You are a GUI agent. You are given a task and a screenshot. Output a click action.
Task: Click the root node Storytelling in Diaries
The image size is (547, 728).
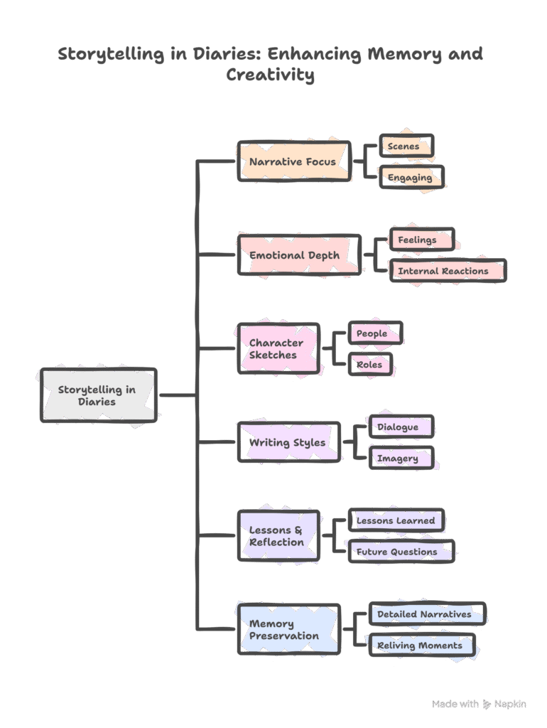[98, 395]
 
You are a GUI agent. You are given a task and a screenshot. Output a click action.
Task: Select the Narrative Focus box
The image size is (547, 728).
[293, 162]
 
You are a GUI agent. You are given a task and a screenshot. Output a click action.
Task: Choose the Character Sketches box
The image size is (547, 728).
[278, 348]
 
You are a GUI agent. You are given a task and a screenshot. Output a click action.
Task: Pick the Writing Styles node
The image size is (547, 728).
[288, 442]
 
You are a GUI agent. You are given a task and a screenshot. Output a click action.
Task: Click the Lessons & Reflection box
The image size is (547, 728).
[278, 535]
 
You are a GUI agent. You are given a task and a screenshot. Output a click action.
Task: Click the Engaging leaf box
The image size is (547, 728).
[411, 178]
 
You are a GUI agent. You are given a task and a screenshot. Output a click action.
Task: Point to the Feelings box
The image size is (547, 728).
[421, 240]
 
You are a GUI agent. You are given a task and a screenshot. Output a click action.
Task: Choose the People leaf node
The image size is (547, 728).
[374, 333]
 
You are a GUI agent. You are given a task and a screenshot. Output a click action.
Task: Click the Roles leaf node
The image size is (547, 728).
[370, 365]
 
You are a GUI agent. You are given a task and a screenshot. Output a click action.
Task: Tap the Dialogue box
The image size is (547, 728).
[401, 427]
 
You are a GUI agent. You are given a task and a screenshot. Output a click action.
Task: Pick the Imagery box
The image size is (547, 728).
[401, 458]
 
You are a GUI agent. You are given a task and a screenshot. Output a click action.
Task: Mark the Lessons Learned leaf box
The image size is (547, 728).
[396, 520]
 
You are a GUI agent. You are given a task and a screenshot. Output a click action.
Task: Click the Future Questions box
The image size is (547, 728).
[401, 552]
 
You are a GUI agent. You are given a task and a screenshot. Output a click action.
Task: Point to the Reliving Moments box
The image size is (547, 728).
[421, 645]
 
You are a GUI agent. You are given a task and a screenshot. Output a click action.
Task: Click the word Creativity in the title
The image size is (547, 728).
[270, 75]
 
